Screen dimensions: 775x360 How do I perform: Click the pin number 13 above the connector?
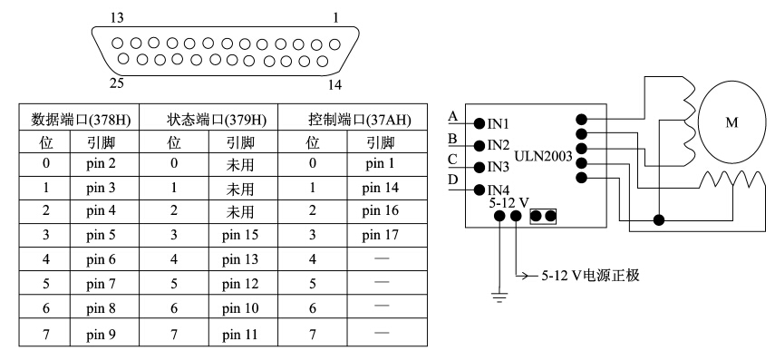117,18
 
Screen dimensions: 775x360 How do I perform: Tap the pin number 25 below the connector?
117,83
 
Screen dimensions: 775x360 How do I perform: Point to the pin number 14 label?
334,85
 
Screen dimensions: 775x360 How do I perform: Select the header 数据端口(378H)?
81,120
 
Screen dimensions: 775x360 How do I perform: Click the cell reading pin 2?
101,164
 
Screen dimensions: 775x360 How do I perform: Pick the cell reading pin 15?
240,235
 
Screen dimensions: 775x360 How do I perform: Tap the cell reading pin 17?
380,235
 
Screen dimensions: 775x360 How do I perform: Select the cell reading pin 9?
101,335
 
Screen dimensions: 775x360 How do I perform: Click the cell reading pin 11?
240,335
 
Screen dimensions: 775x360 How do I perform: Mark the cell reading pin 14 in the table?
380,188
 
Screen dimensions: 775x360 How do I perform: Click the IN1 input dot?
479,122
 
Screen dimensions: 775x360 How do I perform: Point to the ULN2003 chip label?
543,157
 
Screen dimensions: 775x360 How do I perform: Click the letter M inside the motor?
731,122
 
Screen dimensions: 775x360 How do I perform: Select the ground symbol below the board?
499,297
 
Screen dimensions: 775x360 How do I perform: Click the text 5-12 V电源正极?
591,275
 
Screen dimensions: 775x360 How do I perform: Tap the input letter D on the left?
453,180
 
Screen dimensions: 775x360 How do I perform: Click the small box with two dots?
543,216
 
